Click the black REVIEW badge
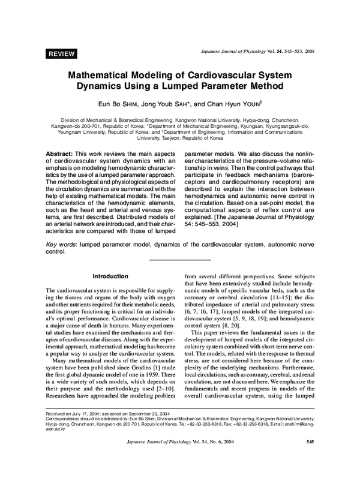click(x=61, y=54)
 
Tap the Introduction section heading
click(x=110, y=276)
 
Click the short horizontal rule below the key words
click(x=180, y=259)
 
